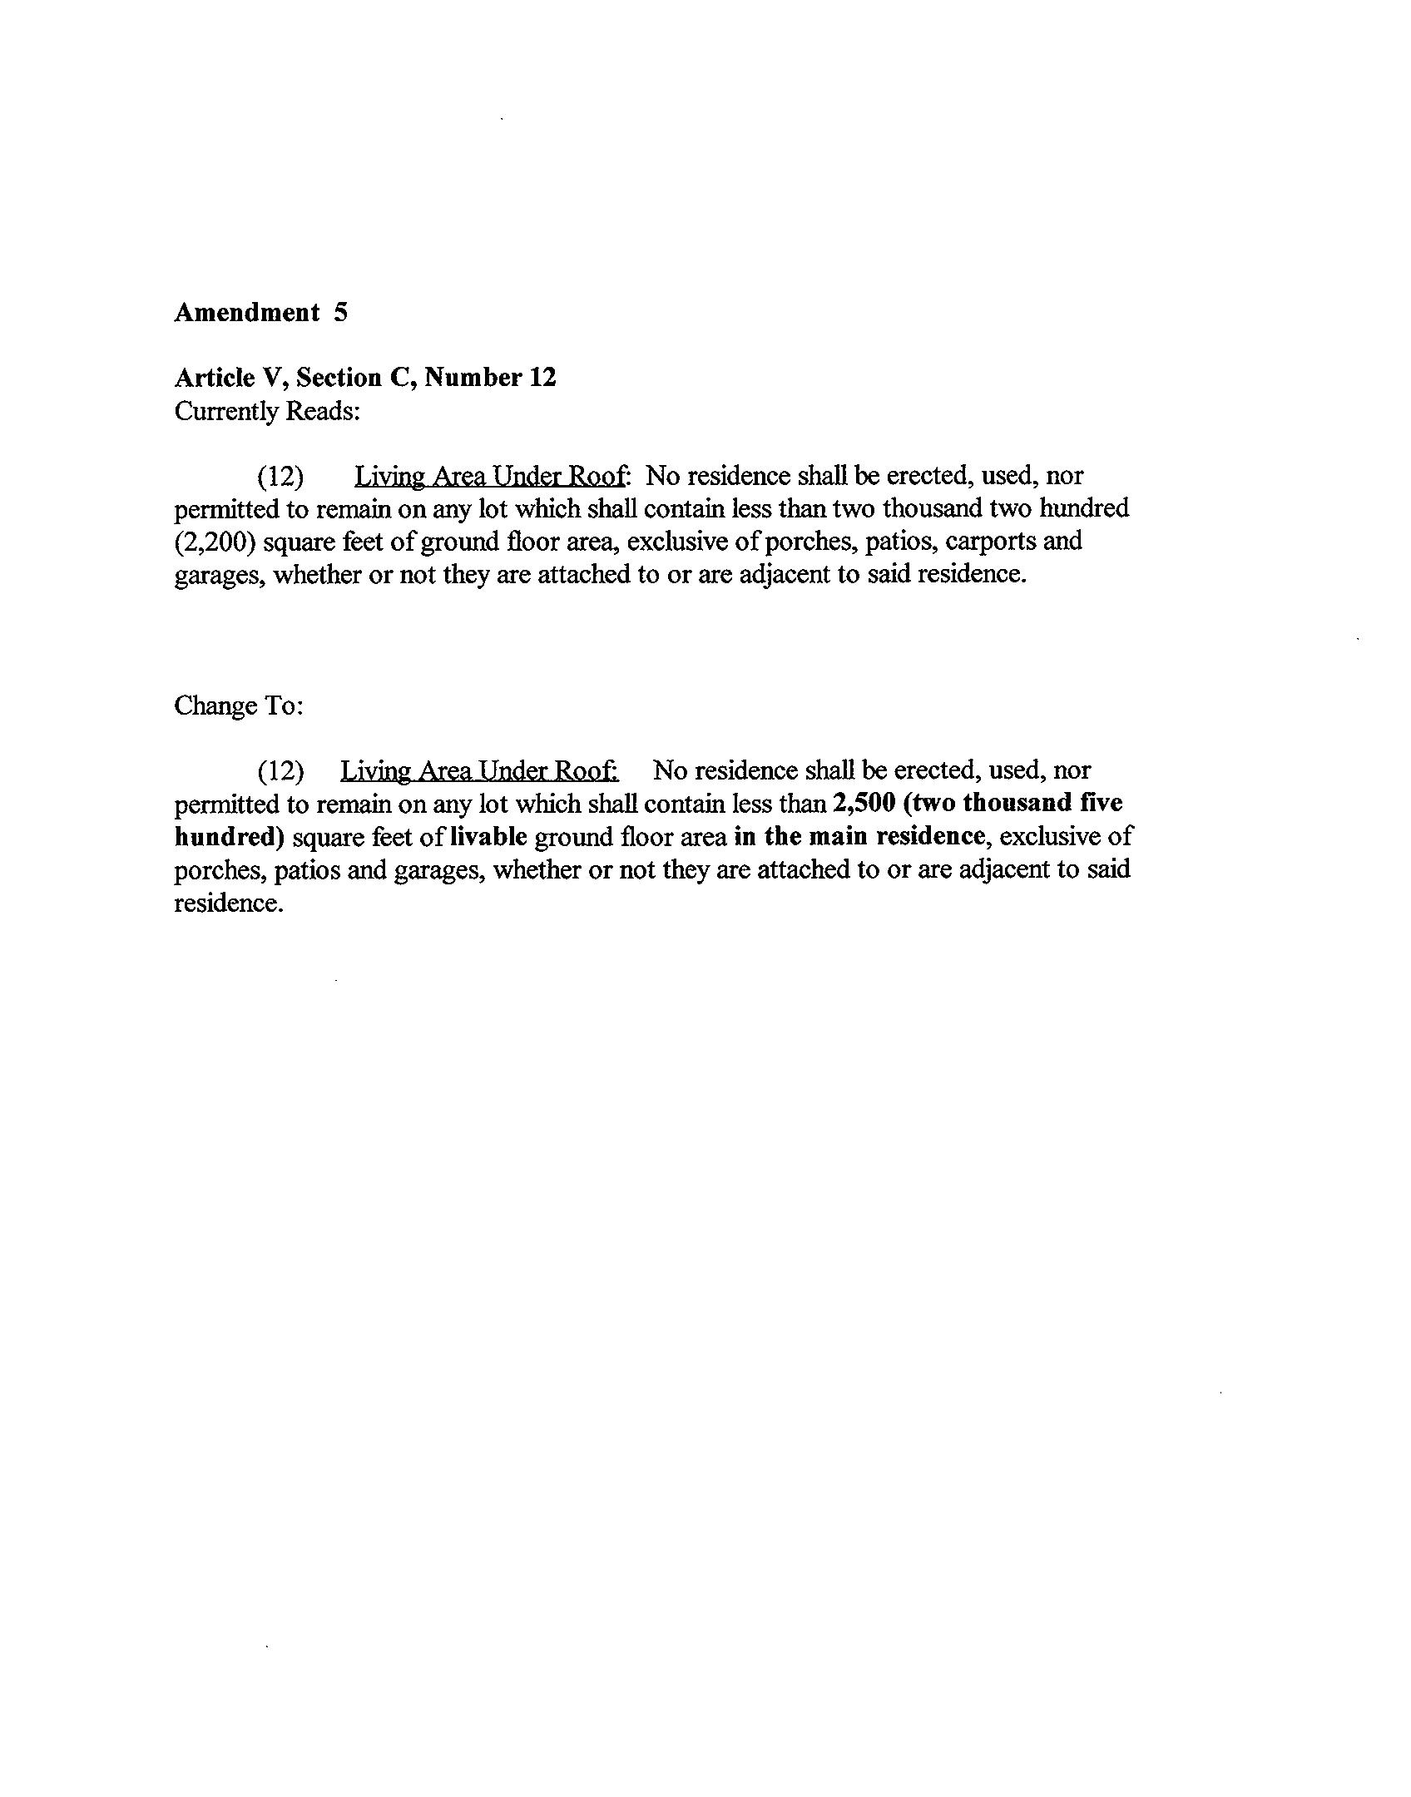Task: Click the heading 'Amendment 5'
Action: pos(260,313)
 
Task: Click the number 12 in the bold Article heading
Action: pos(542,378)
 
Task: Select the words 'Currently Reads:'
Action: pos(266,411)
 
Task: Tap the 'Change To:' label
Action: pos(238,705)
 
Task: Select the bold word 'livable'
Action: pos(488,837)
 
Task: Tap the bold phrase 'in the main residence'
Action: pos(859,837)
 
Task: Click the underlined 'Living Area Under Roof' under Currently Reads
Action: pos(490,477)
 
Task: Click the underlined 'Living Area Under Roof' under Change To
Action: pos(478,771)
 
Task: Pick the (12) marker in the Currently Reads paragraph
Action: pos(280,477)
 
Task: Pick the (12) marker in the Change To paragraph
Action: pos(280,771)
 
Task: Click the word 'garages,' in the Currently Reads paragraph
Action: pos(220,575)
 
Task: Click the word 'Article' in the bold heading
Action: pos(214,378)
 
